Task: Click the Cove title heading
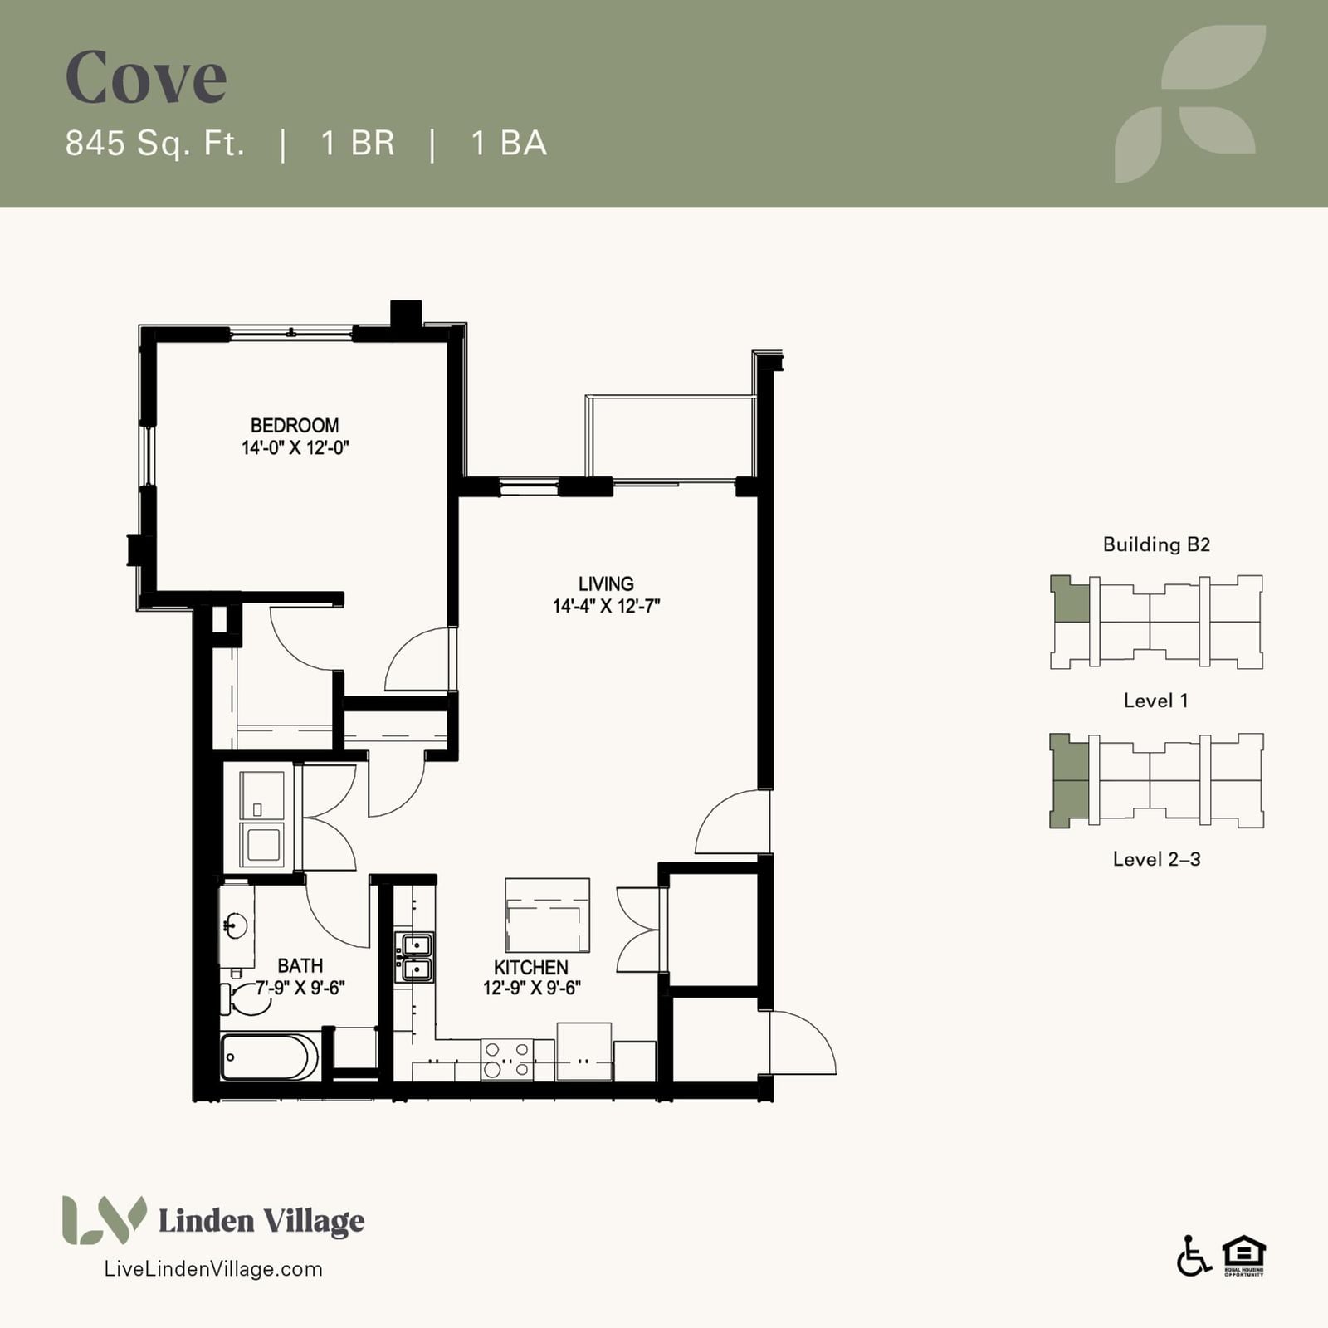pyautogui.click(x=146, y=77)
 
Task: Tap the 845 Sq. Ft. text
pyautogui.click(x=155, y=144)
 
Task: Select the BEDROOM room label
pyautogui.click(x=295, y=426)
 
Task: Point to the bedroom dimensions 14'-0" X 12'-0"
pyautogui.click(x=295, y=448)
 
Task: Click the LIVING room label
pyautogui.click(x=606, y=584)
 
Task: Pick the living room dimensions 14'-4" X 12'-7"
pyautogui.click(x=606, y=606)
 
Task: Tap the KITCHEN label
pyautogui.click(x=531, y=968)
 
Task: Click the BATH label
pyautogui.click(x=300, y=966)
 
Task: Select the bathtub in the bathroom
pyautogui.click(x=270, y=1057)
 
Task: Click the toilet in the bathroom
pyautogui.click(x=247, y=998)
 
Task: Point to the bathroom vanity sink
pyautogui.click(x=237, y=925)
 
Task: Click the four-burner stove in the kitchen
pyautogui.click(x=507, y=1060)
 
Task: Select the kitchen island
pyautogui.click(x=548, y=915)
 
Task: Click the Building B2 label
pyautogui.click(x=1156, y=544)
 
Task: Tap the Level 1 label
pyautogui.click(x=1155, y=701)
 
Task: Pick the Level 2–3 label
pyautogui.click(x=1156, y=859)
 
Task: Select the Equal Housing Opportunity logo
pyautogui.click(x=1243, y=1256)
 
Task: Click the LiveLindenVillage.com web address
pyautogui.click(x=213, y=1269)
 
